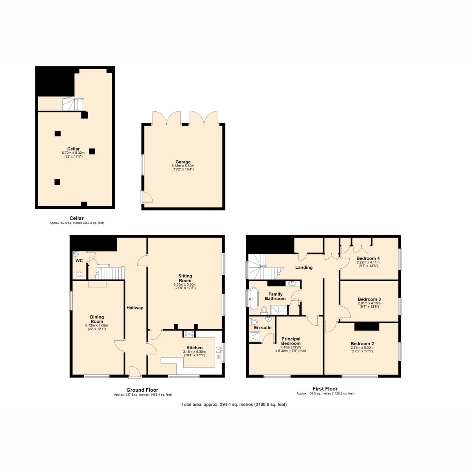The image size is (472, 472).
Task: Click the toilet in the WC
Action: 79,275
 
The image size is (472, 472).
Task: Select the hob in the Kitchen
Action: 189,334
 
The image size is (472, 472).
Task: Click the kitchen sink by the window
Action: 218,353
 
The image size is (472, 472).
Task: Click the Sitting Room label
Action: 185,278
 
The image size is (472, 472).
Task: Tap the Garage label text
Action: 183,162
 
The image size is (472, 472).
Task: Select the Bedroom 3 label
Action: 369,299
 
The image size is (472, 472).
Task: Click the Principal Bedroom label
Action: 291,341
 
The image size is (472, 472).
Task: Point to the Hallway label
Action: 135,308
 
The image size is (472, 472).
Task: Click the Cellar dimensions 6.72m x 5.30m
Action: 73,153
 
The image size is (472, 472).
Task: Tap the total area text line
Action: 234,404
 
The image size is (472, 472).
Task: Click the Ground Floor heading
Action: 142,390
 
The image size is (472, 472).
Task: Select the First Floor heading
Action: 325,389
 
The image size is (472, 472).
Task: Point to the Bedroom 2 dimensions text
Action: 362,349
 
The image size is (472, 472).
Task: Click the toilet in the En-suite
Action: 254,321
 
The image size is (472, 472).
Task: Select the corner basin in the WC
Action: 75,254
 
